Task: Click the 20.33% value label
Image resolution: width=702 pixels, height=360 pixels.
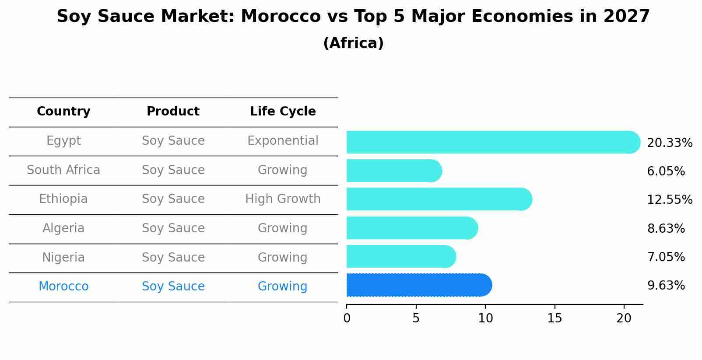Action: tap(669, 143)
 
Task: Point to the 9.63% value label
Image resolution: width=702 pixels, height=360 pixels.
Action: tap(666, 286)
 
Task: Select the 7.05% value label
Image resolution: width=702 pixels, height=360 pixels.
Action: tap(666, 257)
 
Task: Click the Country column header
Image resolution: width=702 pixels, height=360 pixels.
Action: tap(63, 112)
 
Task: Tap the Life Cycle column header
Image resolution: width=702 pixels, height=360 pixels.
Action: tap(283, 112)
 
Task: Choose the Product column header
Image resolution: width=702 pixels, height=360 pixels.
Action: tap(173, 112)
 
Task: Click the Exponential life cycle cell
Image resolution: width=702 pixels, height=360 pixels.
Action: tap(283, 141)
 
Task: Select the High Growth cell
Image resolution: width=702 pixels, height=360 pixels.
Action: tap(283, 199)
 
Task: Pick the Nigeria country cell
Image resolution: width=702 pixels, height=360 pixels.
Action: tap(63, 257)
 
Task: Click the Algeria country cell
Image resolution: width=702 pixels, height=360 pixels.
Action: tap(63, 228)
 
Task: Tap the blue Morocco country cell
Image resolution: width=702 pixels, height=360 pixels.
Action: tap(63, 287)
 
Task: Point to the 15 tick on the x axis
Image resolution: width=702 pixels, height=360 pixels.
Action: tap(555, 318)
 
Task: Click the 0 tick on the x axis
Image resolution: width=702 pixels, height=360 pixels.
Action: tap(347, 318)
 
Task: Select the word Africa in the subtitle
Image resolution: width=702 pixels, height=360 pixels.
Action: tap(353, 43)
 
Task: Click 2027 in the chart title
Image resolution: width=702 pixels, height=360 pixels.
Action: tap(626, 17)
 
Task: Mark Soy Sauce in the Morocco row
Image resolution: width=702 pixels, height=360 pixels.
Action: tap(173, 287)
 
